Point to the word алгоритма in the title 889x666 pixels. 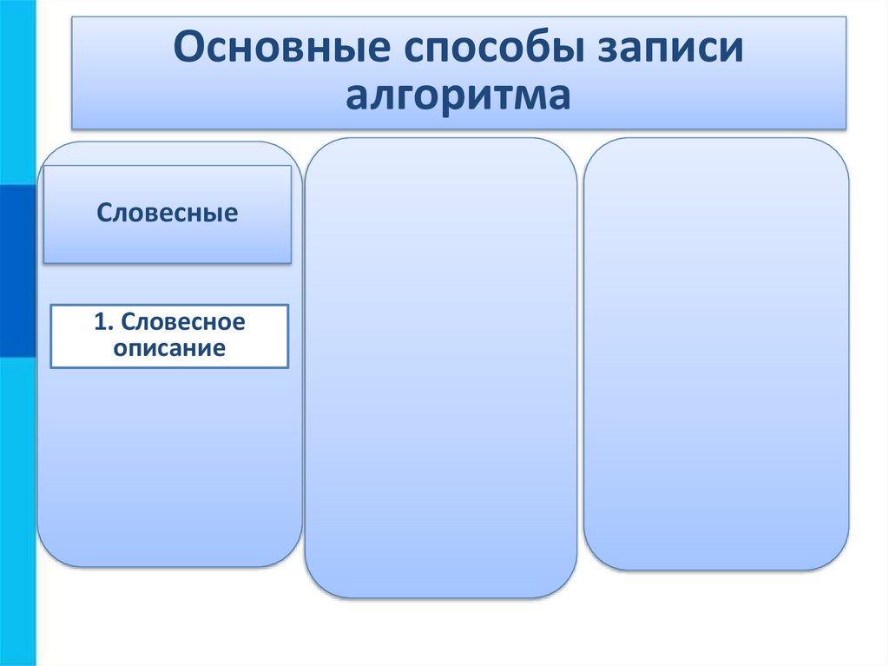click(x=458, y=96)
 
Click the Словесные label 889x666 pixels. click(x=167, y=213)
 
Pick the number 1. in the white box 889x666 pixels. click(x=104, y=322)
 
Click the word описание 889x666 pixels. click(x=169, y=348)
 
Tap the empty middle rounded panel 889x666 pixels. click(x=440, y=365)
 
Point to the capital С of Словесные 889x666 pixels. click(x=104, y=213)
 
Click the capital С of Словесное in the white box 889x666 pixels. click(x=128, y=322)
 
